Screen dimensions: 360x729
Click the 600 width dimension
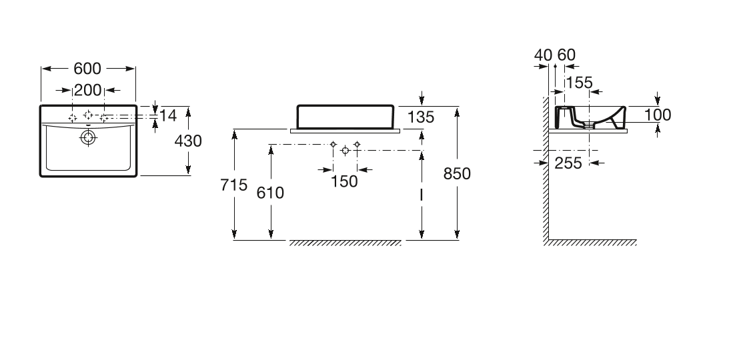point(87,69)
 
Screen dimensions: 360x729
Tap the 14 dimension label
point(168,116)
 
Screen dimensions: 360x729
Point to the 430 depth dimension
point(187,141)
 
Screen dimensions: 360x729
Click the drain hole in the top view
point(88,138)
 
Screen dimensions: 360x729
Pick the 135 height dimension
point(420,117)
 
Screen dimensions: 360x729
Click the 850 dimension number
point(458,173)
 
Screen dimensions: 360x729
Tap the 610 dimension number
point(271,193)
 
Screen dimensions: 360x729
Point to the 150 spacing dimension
point(344,181)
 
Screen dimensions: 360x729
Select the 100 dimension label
point(658,115)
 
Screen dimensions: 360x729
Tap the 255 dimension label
point(569,163)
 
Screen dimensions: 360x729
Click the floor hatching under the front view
point(345,243)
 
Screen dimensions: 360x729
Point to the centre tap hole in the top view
point(88,115)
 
